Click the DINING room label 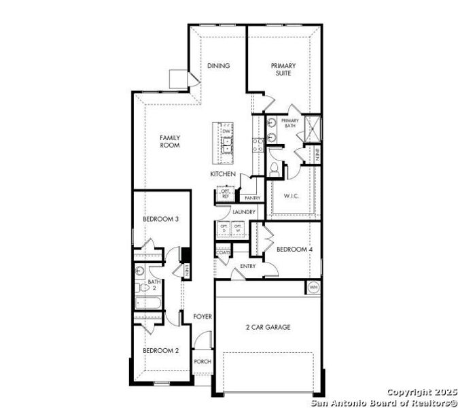[x=218, y=66]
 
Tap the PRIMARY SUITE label [x=283, y=69]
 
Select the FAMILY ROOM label [x=169, y=141]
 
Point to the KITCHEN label [x=222, y=175]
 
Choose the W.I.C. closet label [x=292, y=197]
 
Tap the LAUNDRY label [x=243, y=212]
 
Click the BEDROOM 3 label [x=160, y=219]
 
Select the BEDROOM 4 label [x=294, y=250]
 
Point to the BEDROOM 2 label [x=160, y=350]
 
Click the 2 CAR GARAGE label [x=268, y=327]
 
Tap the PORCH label [x=202, y=361]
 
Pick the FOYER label [x=202, y=317]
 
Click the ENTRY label [x=247, y=266]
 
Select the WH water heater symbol [x=313, y=287]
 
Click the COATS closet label [x=223, y=253]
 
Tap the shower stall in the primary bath [x=313, y=128]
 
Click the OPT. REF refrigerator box [x=226, y=194]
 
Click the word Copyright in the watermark [x=408, y=392]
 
